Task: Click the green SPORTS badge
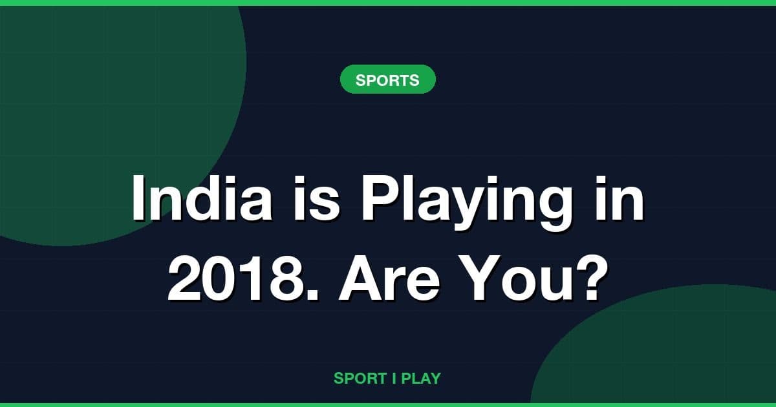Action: (387, 80)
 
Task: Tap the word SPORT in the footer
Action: (360, 379)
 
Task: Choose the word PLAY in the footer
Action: (421, 379)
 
